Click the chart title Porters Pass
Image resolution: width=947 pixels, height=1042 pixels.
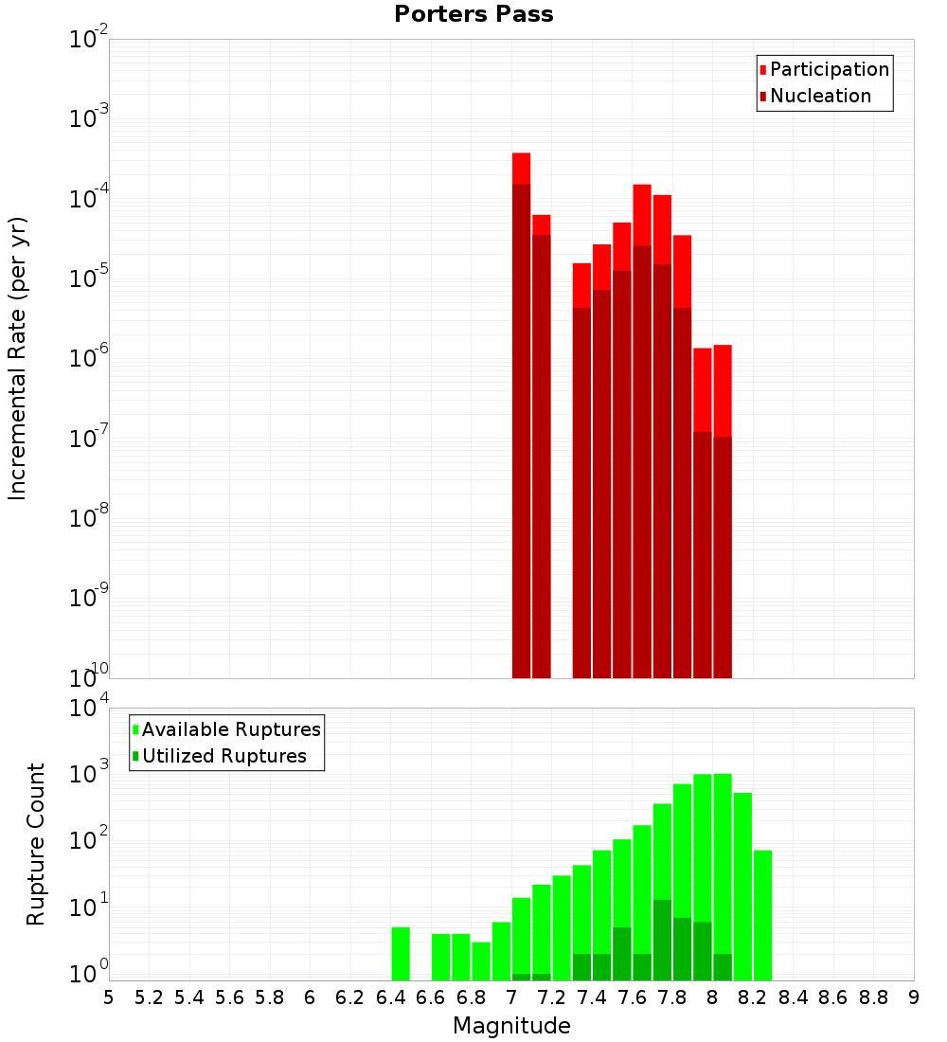[473, 14]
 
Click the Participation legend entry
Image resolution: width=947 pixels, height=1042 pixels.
[829, 69]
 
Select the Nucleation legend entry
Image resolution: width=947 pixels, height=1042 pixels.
[820, 96]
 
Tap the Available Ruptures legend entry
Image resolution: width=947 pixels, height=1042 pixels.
[230, 729]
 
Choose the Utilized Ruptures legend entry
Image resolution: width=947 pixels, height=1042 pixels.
[223, 756]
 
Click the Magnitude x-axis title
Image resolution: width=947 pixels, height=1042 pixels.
[511, 1026]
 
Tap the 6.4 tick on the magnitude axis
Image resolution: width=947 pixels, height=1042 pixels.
[390, 997]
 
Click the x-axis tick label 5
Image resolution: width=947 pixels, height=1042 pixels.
[109, 997]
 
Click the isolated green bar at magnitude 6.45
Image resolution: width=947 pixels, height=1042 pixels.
[401, 954]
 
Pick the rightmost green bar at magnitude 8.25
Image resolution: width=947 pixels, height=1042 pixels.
[762, 915]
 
